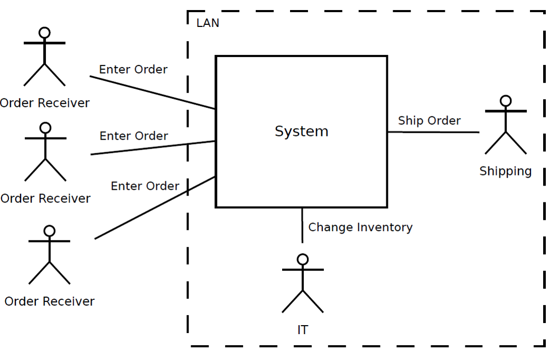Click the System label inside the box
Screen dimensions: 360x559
coord(301,131)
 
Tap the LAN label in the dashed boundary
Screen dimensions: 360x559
coord(208,23)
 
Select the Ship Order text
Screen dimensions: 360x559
coord(429,121)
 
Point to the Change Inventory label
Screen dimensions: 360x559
coord(360,227)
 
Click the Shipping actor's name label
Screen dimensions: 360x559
coord(505,171)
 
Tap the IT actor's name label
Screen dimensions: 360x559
coord(302,330)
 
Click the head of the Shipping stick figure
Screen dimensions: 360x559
coord(506,100)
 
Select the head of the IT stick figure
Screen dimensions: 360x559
coord(303,259)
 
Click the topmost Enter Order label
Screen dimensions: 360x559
coord(133,69)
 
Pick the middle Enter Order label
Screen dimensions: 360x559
coord(134,136)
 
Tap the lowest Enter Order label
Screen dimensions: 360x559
coord(145,186)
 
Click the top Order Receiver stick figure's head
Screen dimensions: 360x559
coord(44,33)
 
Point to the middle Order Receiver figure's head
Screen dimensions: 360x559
coord(45,128)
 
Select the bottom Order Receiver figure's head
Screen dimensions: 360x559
coord(49,231)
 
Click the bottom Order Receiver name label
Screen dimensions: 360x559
coord(49,301)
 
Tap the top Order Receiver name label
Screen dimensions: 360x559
coord(44,103)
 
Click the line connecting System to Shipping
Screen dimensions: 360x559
coord(433,132)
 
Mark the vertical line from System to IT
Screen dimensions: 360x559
coord(302,225)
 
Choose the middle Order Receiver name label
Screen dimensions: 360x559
coord(45,198)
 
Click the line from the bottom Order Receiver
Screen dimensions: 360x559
coord(153,209)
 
